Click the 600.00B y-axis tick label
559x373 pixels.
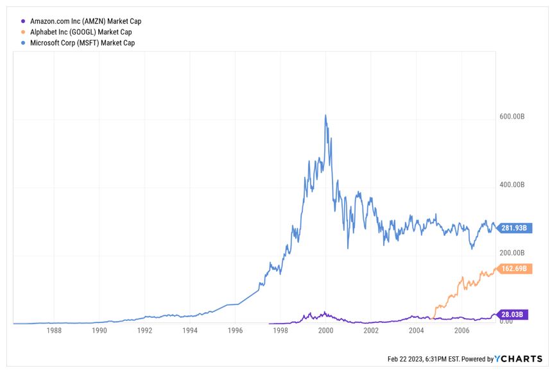pos(512,117)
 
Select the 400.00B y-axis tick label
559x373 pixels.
pos(512,185)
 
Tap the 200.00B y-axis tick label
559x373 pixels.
pos(512,253)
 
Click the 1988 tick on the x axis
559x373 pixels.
pos(55,331)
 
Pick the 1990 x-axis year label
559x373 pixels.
pos(99,331)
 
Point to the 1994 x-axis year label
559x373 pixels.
pos(190,331)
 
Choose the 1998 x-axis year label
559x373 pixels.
pos(280,331)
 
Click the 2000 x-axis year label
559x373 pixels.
pos(325,331)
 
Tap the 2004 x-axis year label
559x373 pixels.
pos(416,331)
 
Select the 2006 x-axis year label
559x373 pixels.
pos(461,331)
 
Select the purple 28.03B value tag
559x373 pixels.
pos(513,315)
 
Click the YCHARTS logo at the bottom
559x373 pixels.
pos(519,359)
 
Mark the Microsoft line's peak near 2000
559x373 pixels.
pos(325,115)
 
